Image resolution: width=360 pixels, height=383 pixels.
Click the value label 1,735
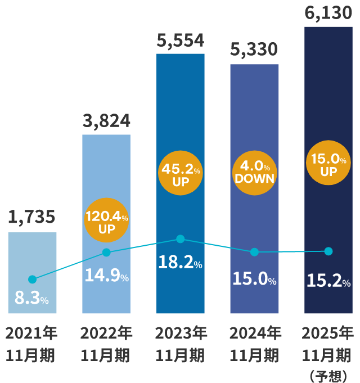pos(32,217)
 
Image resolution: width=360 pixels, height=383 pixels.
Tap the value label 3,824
pos(106,120)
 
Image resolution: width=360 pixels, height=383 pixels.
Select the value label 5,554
pos(180,40)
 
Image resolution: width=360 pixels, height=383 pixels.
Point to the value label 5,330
pos(254,50)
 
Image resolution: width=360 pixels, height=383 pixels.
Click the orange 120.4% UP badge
pos(106,221)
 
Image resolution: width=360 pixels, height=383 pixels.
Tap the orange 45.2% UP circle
pos(181,174)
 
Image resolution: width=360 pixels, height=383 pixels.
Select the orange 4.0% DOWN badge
pos(254,172)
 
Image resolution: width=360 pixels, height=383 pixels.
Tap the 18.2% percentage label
pos(180,262)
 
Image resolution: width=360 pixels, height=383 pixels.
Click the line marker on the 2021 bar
pos(32,280)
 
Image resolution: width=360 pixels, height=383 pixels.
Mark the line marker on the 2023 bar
pos(180,239)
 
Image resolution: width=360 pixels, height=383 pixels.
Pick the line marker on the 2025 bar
pos(328,251)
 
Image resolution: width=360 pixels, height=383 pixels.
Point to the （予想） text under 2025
pos(328,376)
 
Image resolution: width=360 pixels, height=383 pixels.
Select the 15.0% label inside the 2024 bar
pos(254,279)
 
